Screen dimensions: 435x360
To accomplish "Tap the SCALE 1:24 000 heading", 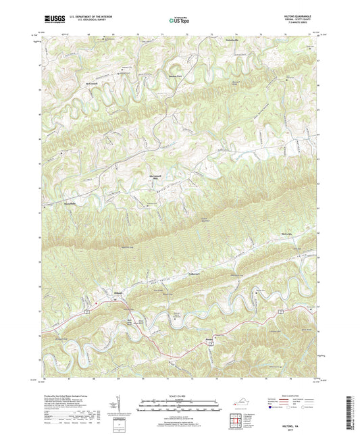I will point(179,396).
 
